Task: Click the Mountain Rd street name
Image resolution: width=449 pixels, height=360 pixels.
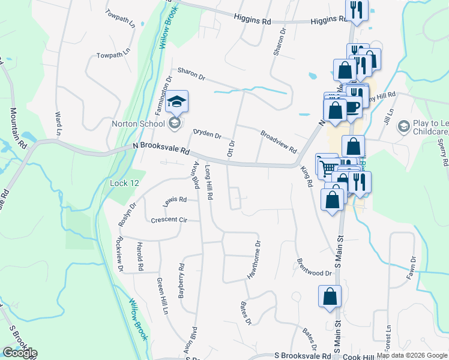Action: pos(17,128)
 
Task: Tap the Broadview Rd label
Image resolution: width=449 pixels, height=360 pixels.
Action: pos(279,141)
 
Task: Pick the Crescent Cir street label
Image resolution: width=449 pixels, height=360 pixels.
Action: pos(169,220)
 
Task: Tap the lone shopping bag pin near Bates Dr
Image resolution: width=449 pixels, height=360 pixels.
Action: pos(330,296)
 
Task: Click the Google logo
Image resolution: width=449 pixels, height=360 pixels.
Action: pos(20,353)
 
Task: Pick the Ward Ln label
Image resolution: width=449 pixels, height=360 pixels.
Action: pos(58,123)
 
